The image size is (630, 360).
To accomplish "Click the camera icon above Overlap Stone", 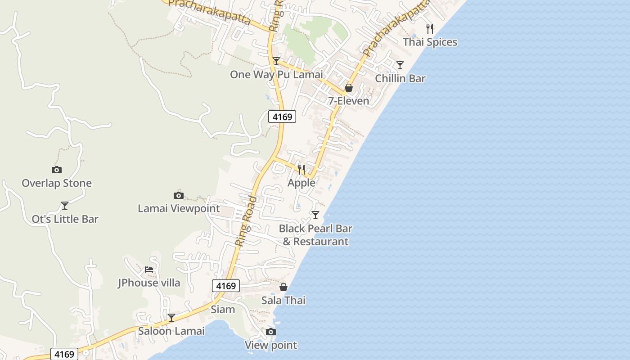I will pyautogui.click(x=56, y=170).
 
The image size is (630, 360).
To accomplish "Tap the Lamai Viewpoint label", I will pyautogui.click(x=179, y=208).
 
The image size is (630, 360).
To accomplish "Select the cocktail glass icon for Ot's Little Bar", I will pyautogui.click(x=65, y=206).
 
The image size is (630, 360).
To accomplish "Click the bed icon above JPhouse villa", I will pyautogui.click(x=149, y=270).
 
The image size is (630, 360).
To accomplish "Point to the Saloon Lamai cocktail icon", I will pyautogui.click(x=171, y=318).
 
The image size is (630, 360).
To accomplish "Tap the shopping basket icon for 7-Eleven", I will pyautogui.click(x=348, y=88).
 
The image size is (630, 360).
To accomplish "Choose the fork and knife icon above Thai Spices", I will pyautogui.click(x=430, y=29).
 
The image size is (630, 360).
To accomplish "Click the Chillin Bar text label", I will pyautogui.click(x=400, y=78).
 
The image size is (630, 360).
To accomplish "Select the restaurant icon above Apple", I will pyautogui.click(x=301, y=170).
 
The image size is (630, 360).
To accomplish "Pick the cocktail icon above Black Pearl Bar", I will pyautogui.click(x=315, y=215).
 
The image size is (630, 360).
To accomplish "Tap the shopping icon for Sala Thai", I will pyautogui.click(x=283, y=287).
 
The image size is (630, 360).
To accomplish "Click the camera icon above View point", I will pyautogui.click(x=270, y=332).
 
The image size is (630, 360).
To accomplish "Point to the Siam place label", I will pyautogui.click(x=223, y=309).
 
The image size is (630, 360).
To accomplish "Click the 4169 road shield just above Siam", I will pyautogui.click(x=226, y=286).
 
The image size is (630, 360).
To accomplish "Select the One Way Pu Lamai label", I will pyautogui.click(x=276, y=74).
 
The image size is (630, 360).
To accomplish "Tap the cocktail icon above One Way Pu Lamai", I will pyautogui.click(x=276, y=61).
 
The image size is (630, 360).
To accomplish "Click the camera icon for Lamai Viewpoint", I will pyautogui.click(x=179, y=195).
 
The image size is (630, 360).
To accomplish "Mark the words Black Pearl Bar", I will pyautogui.click(x=315, y=228).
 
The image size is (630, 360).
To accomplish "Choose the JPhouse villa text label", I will pyautogui.click(x=149, y=283).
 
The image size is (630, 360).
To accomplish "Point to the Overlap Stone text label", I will pyautogui.click(x=57, y=183).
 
